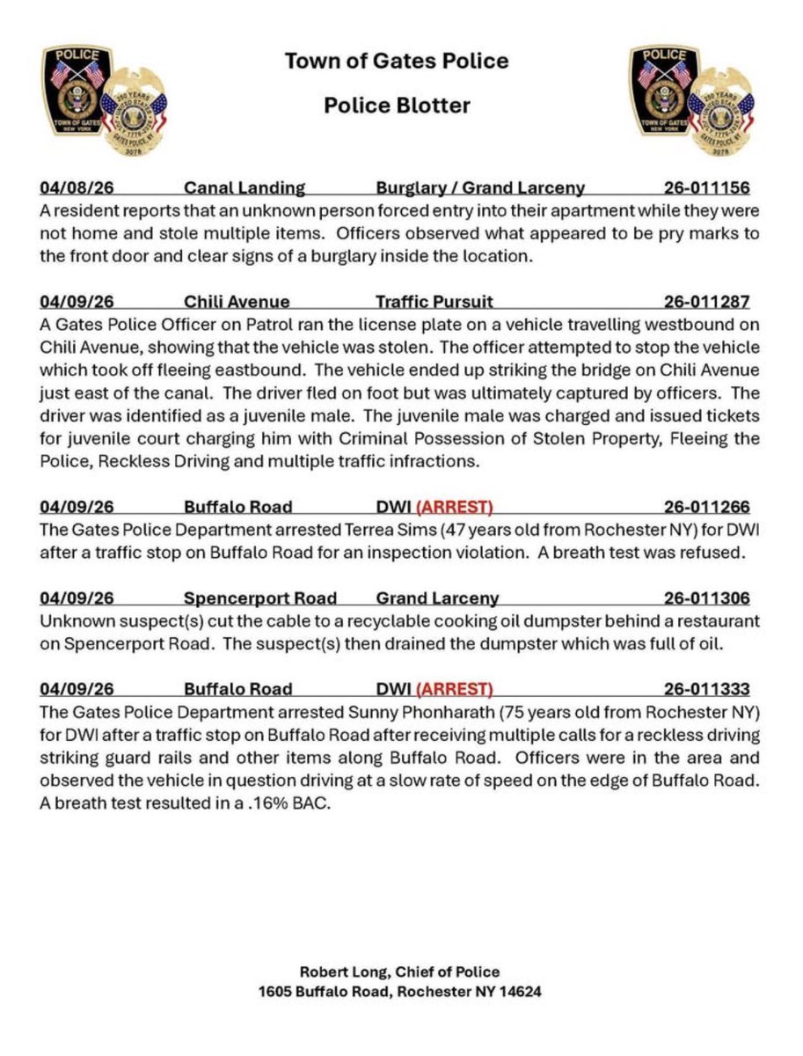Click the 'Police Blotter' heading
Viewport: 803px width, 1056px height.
click(397, 106)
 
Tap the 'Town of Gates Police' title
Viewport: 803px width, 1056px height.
click(397, 61)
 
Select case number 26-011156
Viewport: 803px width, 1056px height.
click(706, 187)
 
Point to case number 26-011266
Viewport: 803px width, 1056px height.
click(706, 507)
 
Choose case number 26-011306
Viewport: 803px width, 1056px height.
click(706, 598)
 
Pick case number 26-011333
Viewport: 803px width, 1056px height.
click(706, 689)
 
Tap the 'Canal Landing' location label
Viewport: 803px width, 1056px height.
click(245, 187)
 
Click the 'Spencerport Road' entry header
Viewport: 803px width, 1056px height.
click(260, 598)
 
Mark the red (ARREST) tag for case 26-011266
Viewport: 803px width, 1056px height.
click(454, 507)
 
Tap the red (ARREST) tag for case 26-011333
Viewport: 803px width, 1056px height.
click(454, 689)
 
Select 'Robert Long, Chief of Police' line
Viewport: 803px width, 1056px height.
click(400, 972)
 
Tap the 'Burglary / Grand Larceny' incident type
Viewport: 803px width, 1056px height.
click(480, 187)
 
